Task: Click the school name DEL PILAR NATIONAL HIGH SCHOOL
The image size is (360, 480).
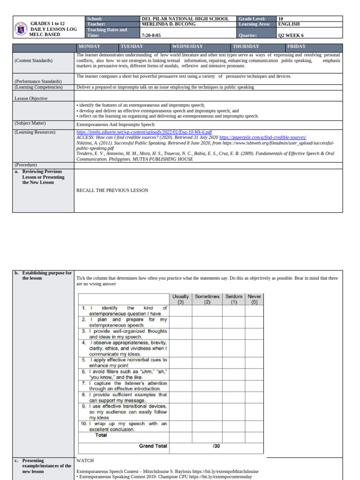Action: pos(185,19)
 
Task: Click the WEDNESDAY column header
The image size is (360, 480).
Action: pos(187,47)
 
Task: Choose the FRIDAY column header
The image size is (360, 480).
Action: pos(296,47)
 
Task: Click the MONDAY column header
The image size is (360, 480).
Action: pos(89,47)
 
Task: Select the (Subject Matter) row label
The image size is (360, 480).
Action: pos(30,124)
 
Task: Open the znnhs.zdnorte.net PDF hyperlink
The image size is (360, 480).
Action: pos(143,133)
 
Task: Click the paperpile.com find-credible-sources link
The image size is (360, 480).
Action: pos(262,138)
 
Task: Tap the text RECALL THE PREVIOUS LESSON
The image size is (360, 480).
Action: pos(112,190)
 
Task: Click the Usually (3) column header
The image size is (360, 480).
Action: pos(180,300)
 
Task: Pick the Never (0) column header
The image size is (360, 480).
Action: pos(255,300)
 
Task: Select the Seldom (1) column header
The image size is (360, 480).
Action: pos(234,300)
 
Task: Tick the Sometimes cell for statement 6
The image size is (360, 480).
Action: pos(207,374)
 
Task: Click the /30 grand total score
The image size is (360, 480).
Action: pos(217,446)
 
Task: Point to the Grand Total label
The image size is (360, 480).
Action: pos(153,446)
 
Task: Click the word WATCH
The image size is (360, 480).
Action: pos(85,461)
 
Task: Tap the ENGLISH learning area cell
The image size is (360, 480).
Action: pos(289,24)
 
